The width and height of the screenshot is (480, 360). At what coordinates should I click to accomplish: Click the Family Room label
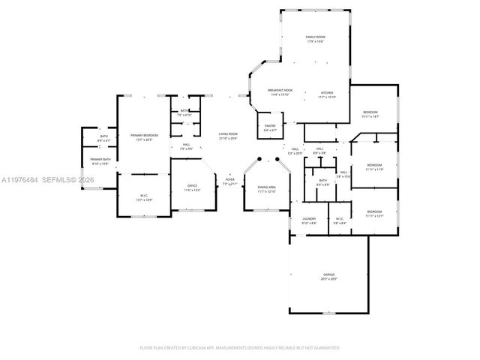click(314, 39)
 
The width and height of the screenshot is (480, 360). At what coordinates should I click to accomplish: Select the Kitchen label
click(326, 94)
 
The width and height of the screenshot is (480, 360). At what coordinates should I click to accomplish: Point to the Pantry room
click(270, 127)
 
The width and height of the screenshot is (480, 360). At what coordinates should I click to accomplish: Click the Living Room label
click(228, 136)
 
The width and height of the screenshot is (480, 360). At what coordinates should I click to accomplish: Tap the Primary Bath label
click(100, 161)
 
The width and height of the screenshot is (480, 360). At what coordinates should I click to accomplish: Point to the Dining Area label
click(267, 189)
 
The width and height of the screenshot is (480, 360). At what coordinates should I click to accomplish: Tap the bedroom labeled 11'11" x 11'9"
click(374, 167)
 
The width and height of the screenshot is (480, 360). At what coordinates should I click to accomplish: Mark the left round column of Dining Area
click(258, 160)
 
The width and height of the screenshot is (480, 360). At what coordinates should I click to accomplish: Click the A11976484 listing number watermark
click(20, 180)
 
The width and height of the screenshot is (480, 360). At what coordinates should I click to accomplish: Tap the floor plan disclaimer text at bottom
click(240, 347)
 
